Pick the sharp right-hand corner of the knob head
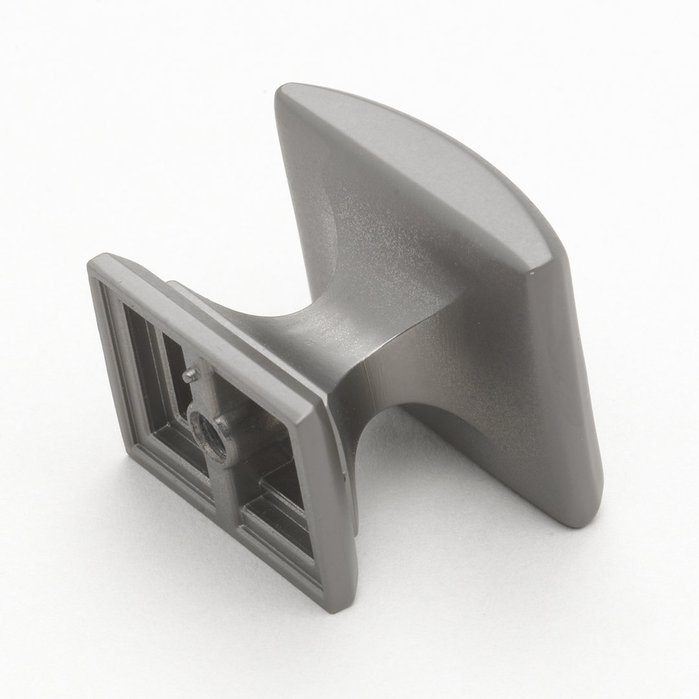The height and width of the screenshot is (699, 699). pos(531,274)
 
